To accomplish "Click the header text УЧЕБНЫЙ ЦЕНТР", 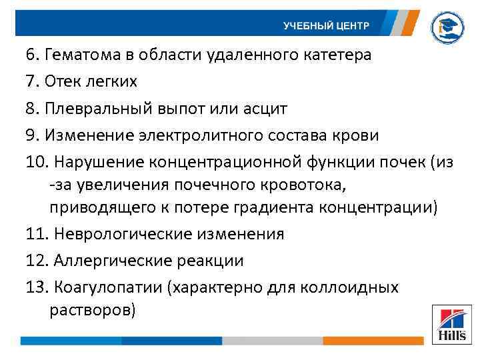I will pyautogui.click(x=325, y=25).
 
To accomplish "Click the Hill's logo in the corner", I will pyautogui.click(x=451, y=325).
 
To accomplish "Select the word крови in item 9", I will pyautogui.click(x=357, y=135).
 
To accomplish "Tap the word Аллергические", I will pyautogui.click(x=103, y=261).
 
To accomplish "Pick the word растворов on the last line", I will pyautogui.click(x=91, y=310).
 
